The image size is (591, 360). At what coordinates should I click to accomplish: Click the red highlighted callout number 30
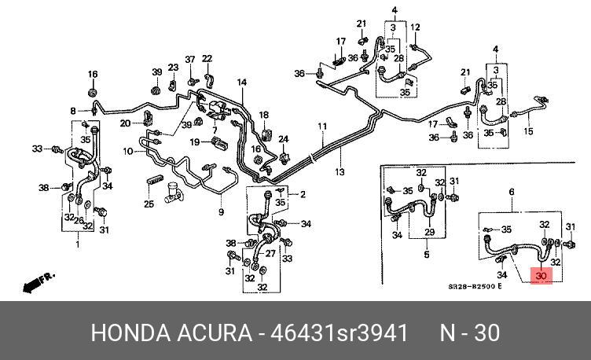click(x=541, y=276)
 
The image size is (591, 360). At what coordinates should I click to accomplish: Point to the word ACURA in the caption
click(x=215, y=332)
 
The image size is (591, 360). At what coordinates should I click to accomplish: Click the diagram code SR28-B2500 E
click(x=469, y=287)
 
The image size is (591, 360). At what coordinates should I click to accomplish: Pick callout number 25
click(x=148, y=204)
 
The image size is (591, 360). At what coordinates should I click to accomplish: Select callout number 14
click(x=242, y=83)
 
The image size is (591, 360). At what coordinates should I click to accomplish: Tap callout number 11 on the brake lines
click(x=322, y=127)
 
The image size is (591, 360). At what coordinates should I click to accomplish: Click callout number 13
click(x=340, y=172)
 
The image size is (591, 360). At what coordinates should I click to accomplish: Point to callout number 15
click(x=529, y=131)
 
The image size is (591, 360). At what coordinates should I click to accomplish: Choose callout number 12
click(x=415, y=27)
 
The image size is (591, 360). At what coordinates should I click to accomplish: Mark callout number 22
click(x=207, y=58)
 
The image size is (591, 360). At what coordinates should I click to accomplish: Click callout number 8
click(x=73, y=111)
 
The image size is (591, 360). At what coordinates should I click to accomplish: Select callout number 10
click(x=128, y=150)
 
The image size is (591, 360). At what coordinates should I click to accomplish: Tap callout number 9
click(x=222, y=211)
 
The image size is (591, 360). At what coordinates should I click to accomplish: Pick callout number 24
click(x=284, y=139)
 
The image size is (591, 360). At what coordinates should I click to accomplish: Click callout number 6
click(x=512, y=192)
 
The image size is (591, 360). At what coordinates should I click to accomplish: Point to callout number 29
click(x=429, y=233)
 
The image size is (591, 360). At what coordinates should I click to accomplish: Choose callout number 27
click(x=271, y=253)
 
